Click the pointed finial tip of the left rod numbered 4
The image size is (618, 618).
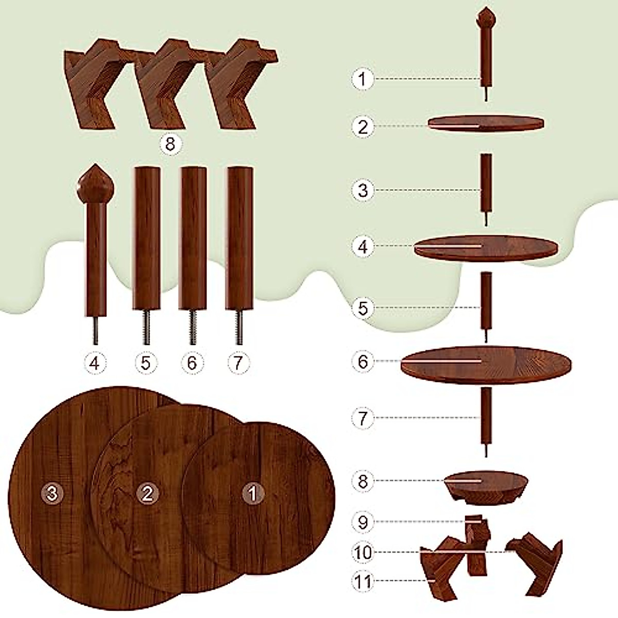(x=95, y=168)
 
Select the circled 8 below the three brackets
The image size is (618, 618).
(x=170, y=144)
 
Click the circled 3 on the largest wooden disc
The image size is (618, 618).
(x=51, y=493)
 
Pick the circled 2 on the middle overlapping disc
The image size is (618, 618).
(x=148, y=493)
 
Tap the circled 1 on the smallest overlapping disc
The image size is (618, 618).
(x=253, y=493)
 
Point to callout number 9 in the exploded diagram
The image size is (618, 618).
(x=364, y=522)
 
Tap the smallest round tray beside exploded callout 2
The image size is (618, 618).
(x=486, y=124)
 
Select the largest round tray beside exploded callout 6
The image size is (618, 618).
(x=486, y=363)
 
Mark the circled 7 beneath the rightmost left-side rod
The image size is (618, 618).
(x=238, y=363)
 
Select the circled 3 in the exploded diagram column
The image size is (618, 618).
(x=364, y=190)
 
